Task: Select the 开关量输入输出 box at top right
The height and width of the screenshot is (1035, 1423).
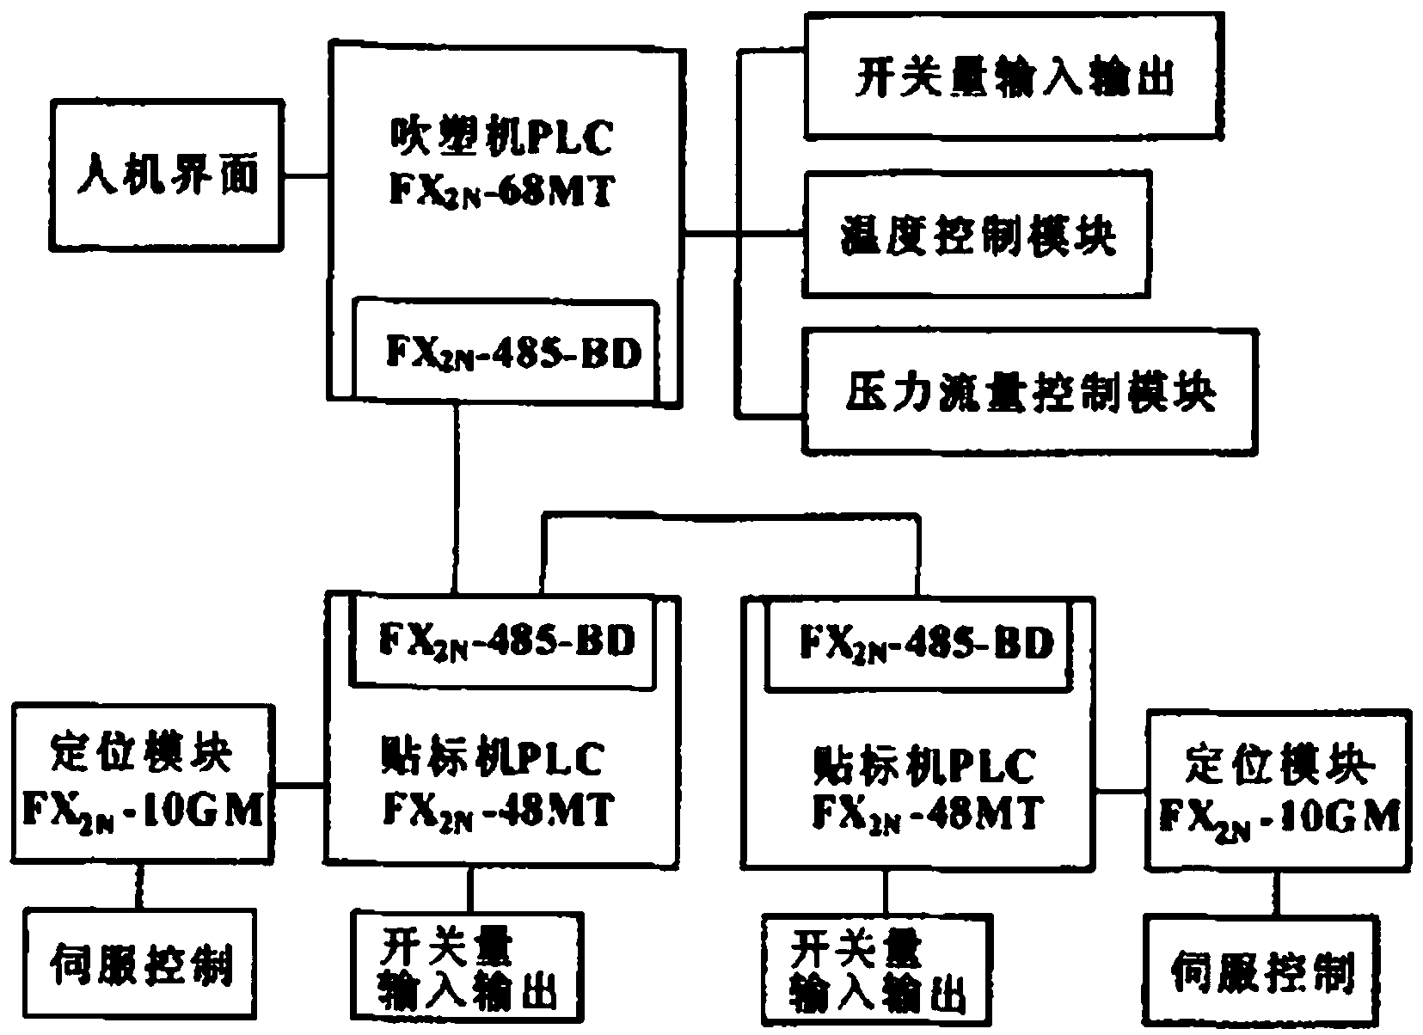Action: [x=1015, y=76]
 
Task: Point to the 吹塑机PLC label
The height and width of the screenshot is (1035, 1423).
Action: [x=501, y=138]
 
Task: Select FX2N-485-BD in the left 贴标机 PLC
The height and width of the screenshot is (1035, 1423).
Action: [x=506, y=640]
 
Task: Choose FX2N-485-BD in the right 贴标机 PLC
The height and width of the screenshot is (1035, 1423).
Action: [x=926, y=642]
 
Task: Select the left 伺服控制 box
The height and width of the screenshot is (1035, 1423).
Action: [x=141, y=963]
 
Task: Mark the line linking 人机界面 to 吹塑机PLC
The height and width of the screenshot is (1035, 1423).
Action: [x=305, y=176]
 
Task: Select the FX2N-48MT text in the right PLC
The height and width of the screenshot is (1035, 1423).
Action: [x=926, y=811]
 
